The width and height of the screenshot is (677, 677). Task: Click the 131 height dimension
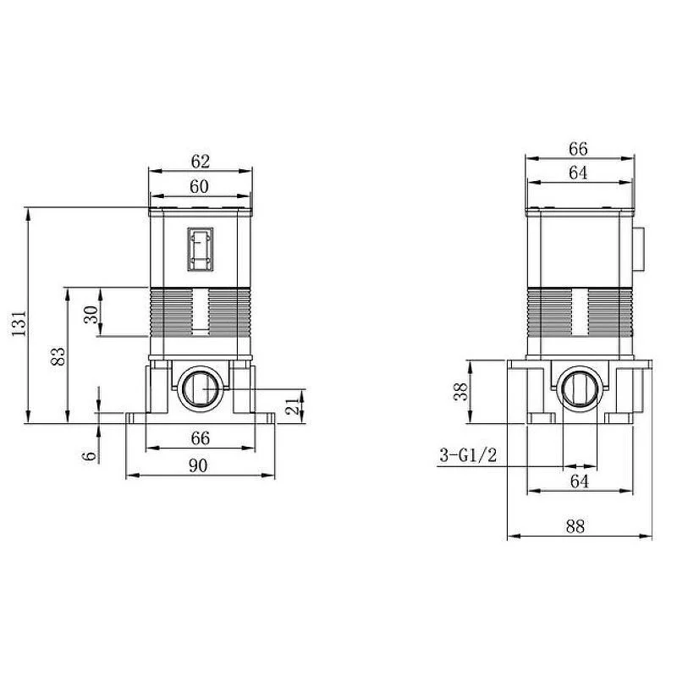pyautogui.click(x=19, y=323)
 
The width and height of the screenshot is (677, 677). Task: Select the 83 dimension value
pyautogui.click(x=58, y=356)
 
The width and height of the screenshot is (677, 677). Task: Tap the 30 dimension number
pyautogui.click(x=91, y=314)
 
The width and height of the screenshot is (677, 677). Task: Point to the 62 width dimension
pyautogui.click(x=201, y=162)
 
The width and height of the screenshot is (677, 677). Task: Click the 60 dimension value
pyautogui.click(x=199, y=186)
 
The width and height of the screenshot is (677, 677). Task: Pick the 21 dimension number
pyautogui.click(x=293, y=407)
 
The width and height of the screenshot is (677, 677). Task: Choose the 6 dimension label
pyautogui.click(x=91, y=456)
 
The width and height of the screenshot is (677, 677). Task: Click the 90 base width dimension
pyautogui.click(x=198, y=465)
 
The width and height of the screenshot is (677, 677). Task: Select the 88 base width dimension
pyautogui.click(x=575, y=526)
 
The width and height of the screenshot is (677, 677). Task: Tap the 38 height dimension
pyautogui.click(x=461, y=392)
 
